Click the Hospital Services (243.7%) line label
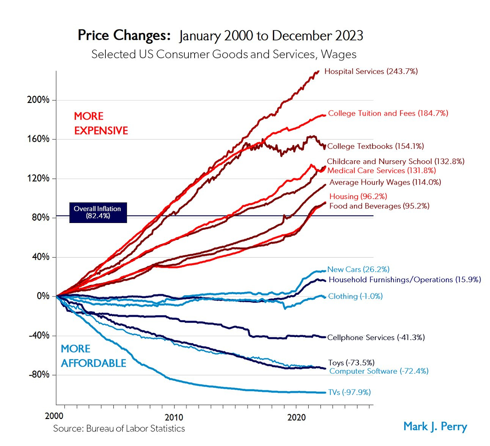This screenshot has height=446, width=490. [x=371, y=71]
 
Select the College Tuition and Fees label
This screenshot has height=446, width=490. [x=388, y=113]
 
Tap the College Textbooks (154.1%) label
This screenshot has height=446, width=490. [x=375, y=146]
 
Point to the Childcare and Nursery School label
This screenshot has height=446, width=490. [x=395, y=161]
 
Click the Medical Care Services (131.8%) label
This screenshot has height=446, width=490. [x=381, y=171]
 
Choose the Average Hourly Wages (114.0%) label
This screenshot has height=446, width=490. [x=385, y=182]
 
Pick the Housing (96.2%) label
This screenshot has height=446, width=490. [x=358, y=196]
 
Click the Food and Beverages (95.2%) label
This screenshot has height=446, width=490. [x=379, y=206]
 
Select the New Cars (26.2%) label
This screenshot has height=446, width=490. [x=358, y=269]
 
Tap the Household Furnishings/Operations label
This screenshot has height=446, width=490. [x=404, y=280]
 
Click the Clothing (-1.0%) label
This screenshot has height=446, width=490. [x=355, y=296]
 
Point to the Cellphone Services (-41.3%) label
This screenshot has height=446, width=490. [x=375, y=337]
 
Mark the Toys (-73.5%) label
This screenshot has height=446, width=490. [x=351, y=362]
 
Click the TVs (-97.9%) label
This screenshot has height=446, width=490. [x=349, y=392]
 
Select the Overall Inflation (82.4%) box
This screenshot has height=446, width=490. [x=98, y=212]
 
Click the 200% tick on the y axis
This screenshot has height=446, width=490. [x=38, y=100]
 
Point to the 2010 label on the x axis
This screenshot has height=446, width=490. [x=174, y=417]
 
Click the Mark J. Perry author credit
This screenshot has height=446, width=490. [x=435, y=426]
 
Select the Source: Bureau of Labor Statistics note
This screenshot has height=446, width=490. [x=119, y=429]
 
